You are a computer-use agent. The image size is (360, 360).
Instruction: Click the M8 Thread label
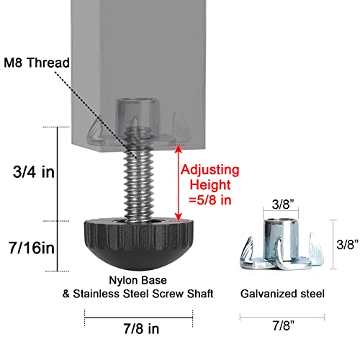[x=37, y=63]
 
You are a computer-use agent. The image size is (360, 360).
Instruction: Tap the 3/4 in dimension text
[x=34, y=172]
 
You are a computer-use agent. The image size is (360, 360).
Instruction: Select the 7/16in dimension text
[x=32, y=248]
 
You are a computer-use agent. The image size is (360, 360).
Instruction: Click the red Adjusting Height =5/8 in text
[x=210, y=185]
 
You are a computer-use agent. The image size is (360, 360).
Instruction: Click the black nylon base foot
[x=138, y=243]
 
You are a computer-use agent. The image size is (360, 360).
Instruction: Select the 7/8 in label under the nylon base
[x=141, y=328]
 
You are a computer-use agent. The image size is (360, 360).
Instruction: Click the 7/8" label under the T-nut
[x=284, y=325]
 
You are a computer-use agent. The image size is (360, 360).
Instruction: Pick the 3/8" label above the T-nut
[x=283, y=204]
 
